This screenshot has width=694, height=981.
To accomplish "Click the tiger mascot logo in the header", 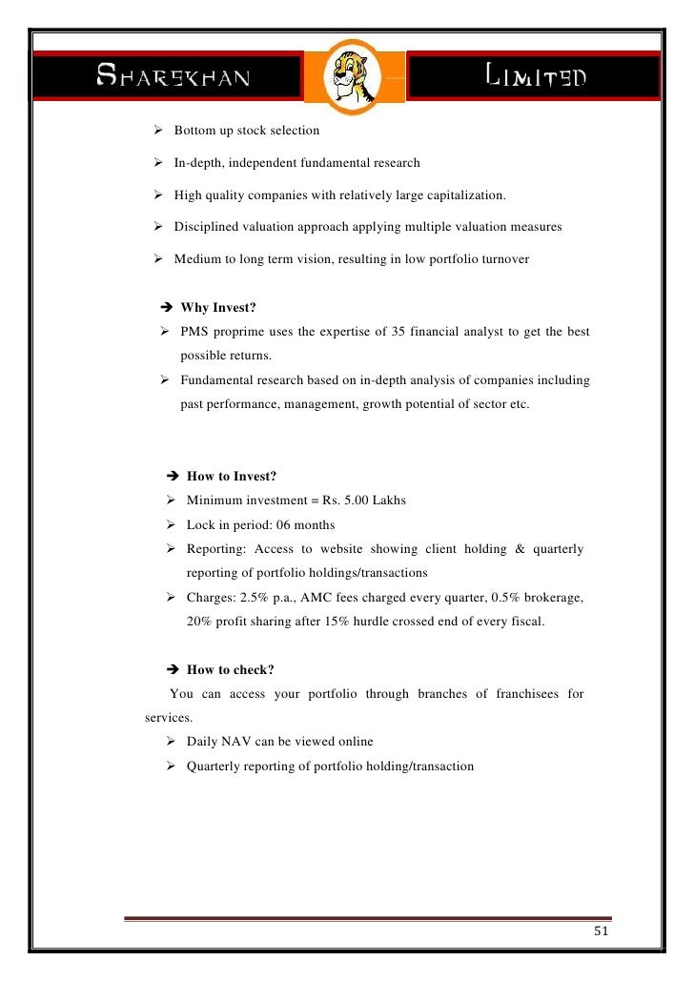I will point(347,76).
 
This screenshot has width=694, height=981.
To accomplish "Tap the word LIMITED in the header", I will point(536,76).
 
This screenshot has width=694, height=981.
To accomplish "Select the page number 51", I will point(599,931).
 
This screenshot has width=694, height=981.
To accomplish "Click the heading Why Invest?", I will point(228,308).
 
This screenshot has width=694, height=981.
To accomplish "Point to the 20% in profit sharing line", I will point(198,622).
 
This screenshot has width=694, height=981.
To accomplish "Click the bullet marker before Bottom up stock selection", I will point(158,130).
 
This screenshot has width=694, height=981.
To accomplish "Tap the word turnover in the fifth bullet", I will point(505,259).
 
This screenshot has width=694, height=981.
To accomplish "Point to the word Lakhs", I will point(390,501).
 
